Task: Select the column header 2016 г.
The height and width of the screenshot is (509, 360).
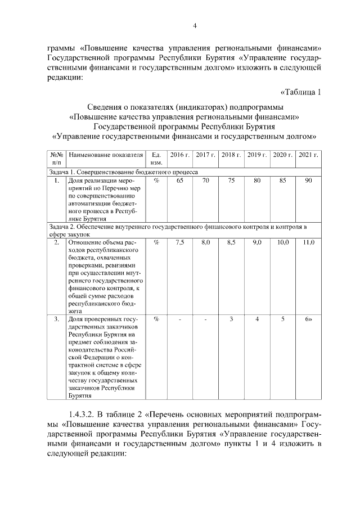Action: (180, 155)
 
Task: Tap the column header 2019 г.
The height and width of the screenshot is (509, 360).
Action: (256, 155)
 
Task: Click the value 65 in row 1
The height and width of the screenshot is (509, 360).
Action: (180, 181)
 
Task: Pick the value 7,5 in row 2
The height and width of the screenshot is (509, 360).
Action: (180, 242)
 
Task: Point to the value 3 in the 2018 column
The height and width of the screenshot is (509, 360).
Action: (231, 319)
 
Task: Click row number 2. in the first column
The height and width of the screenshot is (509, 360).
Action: (57, 242)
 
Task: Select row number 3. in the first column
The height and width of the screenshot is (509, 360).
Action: (57, 319)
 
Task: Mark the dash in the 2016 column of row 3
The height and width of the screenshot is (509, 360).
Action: (180, 319)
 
